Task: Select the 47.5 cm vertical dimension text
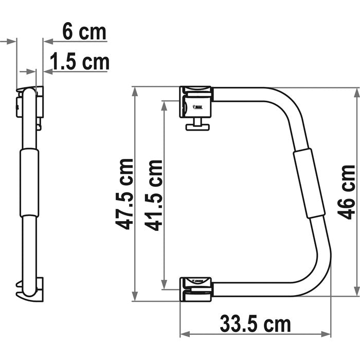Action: tap(124, 194)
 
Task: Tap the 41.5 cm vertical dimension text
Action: tap(154, 195)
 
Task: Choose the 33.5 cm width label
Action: tap(255, 325)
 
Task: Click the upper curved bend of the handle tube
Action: tap(288, 103)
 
